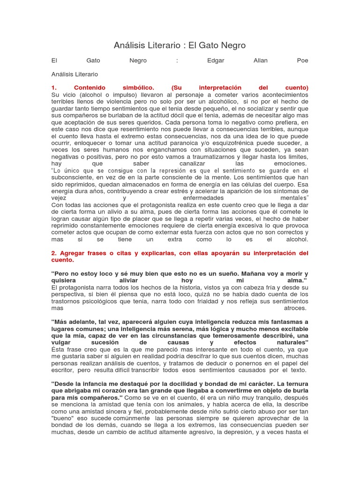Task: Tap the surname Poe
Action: [x=303, y=60]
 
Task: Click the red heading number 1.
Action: [x=54, y=88]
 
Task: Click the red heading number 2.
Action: [x=53, y=253]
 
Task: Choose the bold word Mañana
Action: [x=243, y=274]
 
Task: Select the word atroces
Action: [x=296, y=308]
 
